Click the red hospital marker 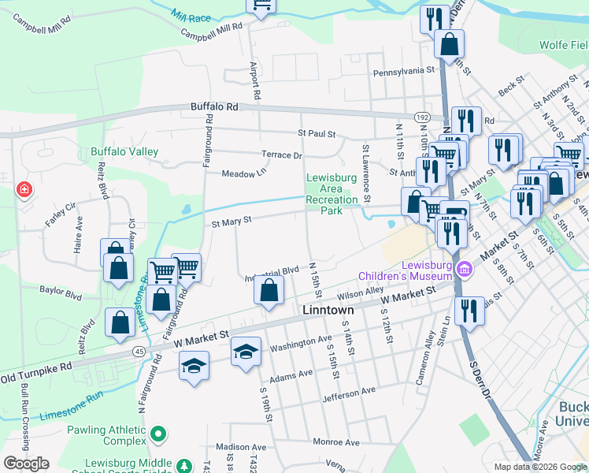tap(24, 190)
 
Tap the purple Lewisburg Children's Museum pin tap(465, 270)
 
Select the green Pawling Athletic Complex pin tap(158, 434)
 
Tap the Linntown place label tap(328, 311)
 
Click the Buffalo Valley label tap(124, 151)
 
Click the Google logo tap(26, 463)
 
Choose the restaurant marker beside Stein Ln tap(469, 311)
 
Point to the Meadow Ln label tap(239, 173)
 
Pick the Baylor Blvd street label tap(61, 292)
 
